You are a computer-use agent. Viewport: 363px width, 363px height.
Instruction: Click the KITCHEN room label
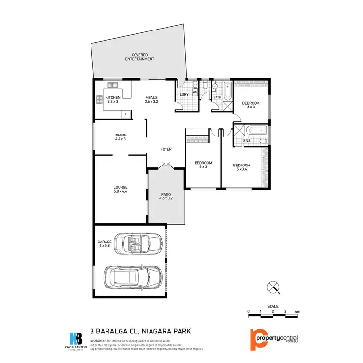tap(112, 100)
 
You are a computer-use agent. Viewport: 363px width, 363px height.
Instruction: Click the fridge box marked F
tap(126, 114)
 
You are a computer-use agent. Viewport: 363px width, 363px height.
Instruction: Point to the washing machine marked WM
tap(195, 91)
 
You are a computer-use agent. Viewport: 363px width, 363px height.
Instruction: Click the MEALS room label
tap(151, 100)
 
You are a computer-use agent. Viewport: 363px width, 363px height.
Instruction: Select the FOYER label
tap(166, 149)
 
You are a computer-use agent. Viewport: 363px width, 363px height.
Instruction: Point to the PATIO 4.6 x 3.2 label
tap(166, 196)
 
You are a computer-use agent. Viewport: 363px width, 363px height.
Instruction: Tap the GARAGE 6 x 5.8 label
tap(105, 243)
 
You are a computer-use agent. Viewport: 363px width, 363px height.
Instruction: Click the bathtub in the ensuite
tap(250, 130)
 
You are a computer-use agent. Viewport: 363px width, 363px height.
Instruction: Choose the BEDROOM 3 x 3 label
tap(251, 105)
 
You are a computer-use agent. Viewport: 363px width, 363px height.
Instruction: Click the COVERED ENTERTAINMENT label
tap(139, 57)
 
